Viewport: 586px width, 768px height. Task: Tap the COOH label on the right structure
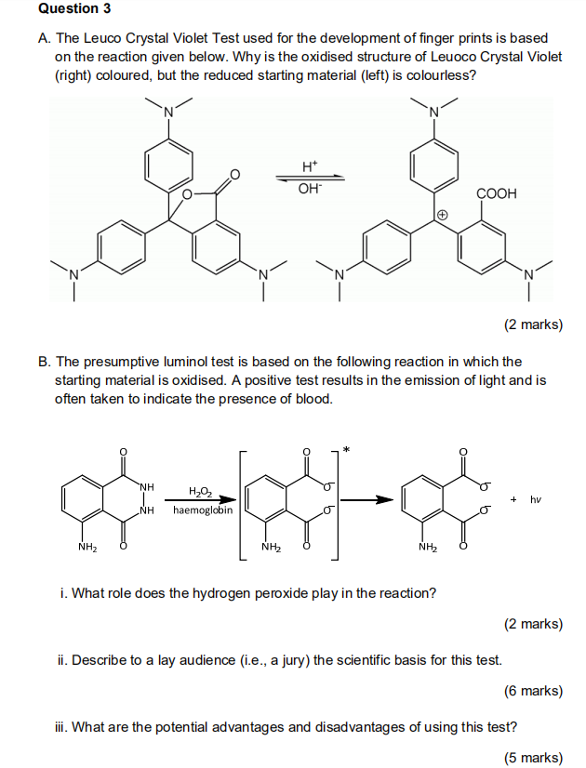(x=496, y=193)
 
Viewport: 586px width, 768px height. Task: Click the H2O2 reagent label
(x=200, y=492)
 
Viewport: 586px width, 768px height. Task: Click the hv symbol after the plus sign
(x=536, y=499)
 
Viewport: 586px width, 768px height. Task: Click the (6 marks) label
(x=533, y=691)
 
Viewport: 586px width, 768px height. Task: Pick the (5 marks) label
(x=533, y=757)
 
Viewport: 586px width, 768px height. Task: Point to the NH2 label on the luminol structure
(x=89, y=547)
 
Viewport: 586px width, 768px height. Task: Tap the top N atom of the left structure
(x=169, y=113)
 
